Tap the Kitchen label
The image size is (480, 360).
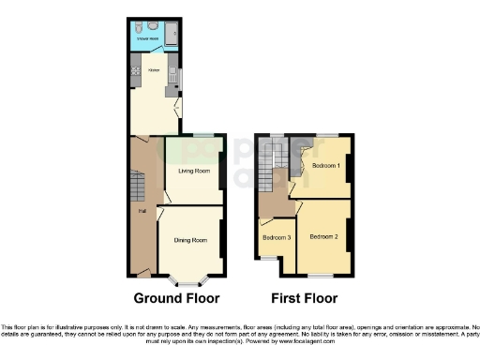(x=148, y=70)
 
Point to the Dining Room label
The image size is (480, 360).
(x=190, y=240)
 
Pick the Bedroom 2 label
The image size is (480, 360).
(x=324, y=235)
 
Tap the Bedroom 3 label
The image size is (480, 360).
(x=277, y=238)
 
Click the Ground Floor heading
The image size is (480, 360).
(x=176, y=299)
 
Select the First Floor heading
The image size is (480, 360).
(x=303, y=299)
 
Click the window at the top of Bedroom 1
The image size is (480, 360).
(x=327, y=135)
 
